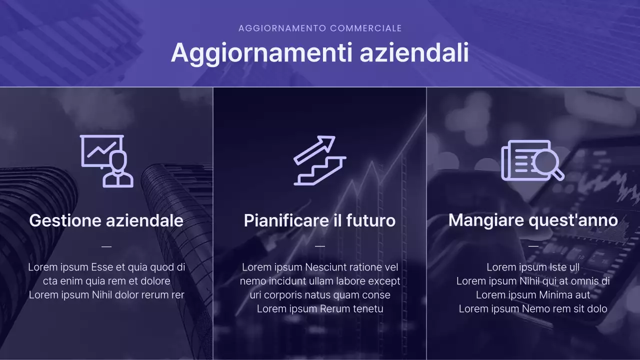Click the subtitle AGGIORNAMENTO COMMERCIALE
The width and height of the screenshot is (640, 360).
pos(320,28)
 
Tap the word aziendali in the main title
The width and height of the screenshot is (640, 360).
pos(414,52)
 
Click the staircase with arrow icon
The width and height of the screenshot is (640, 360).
pos(319,161)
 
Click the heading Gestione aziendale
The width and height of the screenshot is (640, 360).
pos(106,220)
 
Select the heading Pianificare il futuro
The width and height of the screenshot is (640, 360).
pos(319,220)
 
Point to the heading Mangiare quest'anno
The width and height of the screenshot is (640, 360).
pos(533,220)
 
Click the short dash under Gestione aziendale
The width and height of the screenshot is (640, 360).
pos(106,246)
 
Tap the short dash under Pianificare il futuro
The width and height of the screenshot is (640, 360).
pos(320,246)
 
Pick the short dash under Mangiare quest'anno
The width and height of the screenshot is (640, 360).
pos(533,246)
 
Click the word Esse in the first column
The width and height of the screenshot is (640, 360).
pos(101,267)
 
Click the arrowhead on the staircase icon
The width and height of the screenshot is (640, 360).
pos(328,142)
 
